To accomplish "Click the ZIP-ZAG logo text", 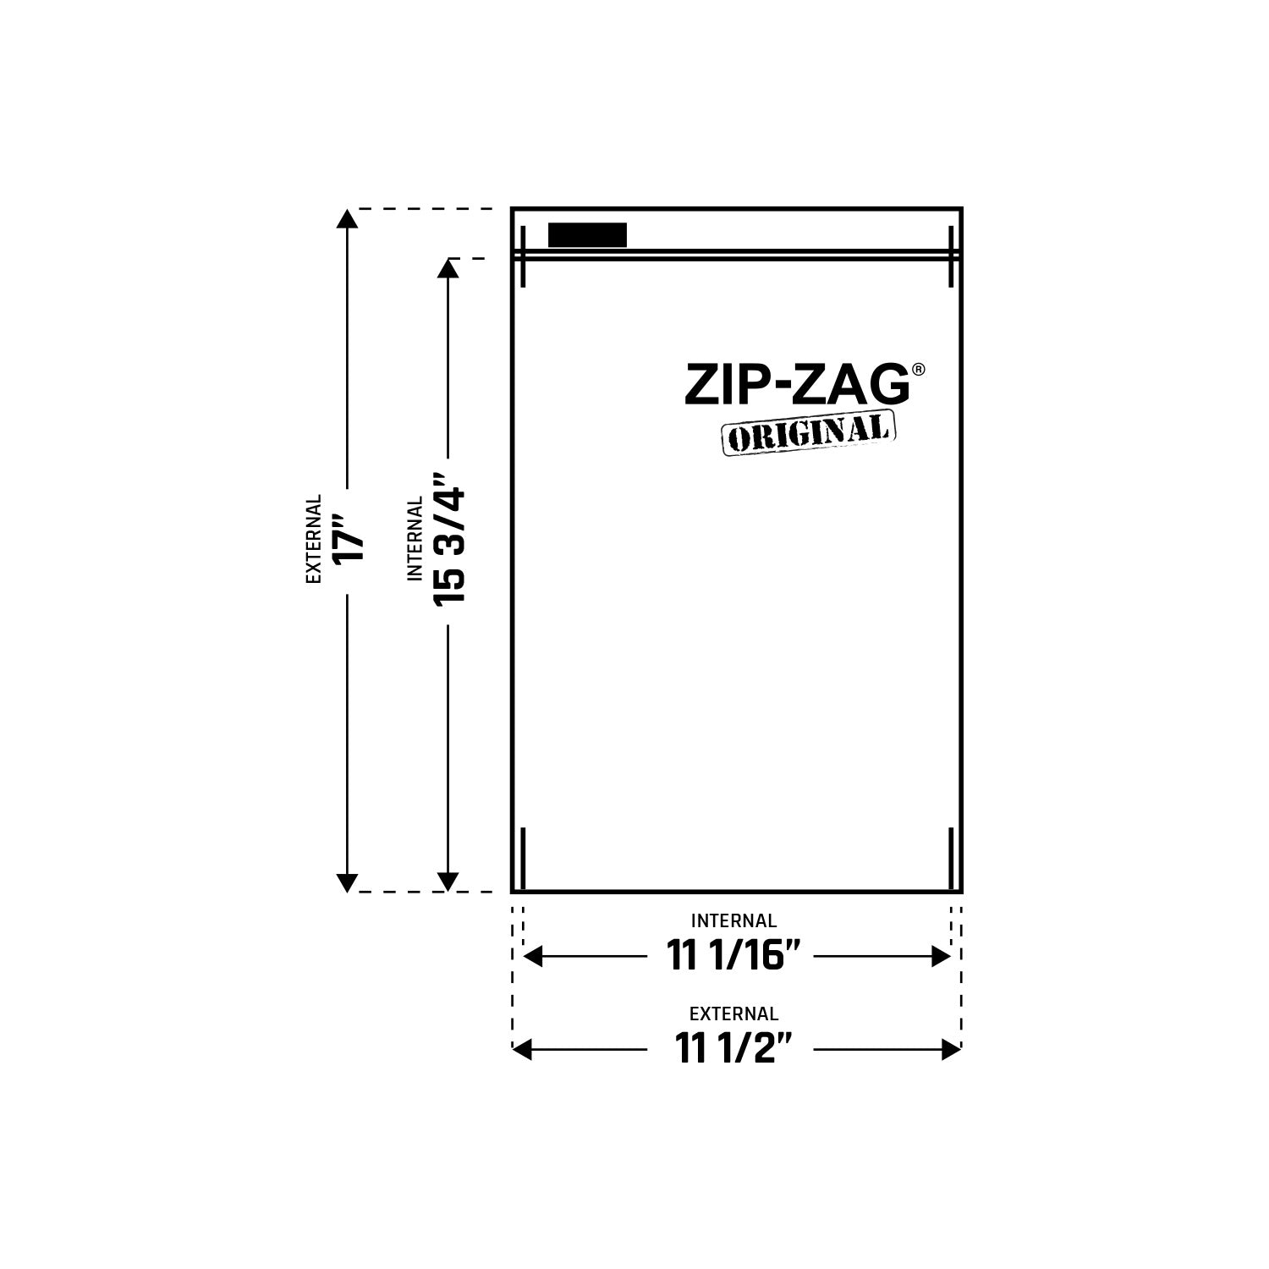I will (797, 386).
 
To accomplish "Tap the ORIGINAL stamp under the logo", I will (808, 433).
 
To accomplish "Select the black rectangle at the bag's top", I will (587, 235).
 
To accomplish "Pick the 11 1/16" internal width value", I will (733, 957).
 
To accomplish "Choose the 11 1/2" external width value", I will (733, 1050).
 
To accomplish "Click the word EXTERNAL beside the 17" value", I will (315, 539).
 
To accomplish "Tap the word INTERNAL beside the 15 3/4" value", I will (415, 539).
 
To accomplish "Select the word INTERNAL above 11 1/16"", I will (733, 920).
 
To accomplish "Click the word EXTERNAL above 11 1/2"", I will (733, 1014).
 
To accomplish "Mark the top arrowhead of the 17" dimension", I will (346, 218).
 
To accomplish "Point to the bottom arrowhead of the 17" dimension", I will (346, 882).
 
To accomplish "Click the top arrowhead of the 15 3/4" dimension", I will (448, 268).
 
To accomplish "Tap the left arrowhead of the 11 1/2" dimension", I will (523, 1050).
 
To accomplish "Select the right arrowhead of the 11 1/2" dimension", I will (952, 1050).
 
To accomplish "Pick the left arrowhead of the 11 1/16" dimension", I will (534, 957).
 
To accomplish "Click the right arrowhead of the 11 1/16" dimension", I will (940, 957).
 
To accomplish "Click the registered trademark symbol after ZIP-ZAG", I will (919, 370).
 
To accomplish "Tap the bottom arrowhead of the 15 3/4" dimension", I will (448, 882).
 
